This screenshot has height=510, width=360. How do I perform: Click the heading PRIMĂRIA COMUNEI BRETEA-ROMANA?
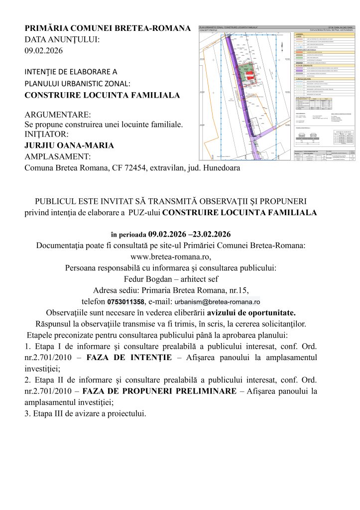coord(108,28)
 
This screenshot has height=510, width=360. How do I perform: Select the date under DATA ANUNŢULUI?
coord(44,50)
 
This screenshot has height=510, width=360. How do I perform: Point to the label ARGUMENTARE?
coord(58,115)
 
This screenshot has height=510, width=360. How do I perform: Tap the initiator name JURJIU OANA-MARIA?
coord(69,145)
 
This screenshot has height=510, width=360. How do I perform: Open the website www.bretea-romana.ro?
coord(170,257)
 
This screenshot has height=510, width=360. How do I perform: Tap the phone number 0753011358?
coord(126,302)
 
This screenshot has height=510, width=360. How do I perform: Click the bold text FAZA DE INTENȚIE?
coord(129,358)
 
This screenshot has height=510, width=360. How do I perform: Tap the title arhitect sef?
coord(198,279)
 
